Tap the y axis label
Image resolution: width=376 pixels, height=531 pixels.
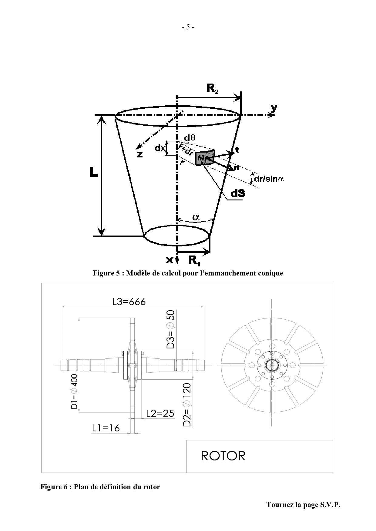point(274,108)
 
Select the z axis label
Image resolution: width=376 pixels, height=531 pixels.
point(140,154)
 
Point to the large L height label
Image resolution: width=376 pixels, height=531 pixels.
point(93,173)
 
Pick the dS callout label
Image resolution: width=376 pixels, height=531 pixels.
point(238,193)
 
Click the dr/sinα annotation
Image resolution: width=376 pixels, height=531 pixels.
point(269,179)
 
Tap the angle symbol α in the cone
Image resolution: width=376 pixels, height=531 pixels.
point(196,217)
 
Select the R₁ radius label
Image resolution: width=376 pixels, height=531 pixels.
point(194,260)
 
